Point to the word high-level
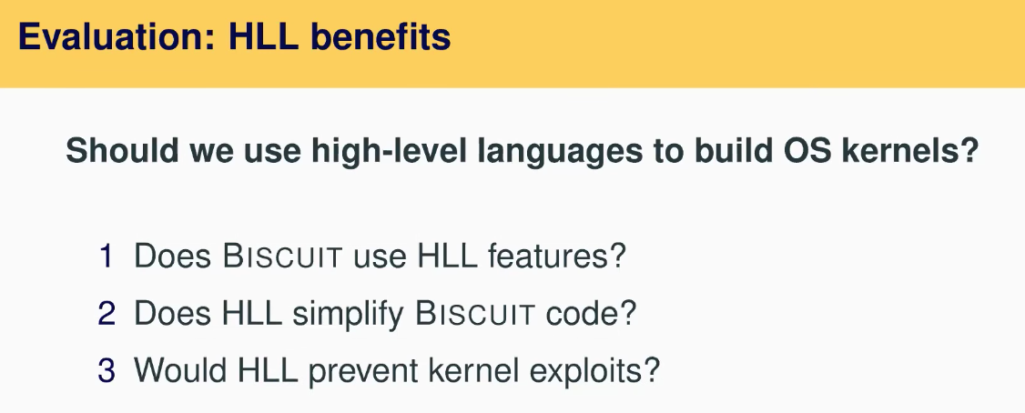389,152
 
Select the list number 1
106,256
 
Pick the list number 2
107,313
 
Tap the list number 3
107,370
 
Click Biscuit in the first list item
282,256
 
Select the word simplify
348,315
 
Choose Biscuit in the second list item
475,314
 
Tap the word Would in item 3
180,370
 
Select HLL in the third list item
268,370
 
